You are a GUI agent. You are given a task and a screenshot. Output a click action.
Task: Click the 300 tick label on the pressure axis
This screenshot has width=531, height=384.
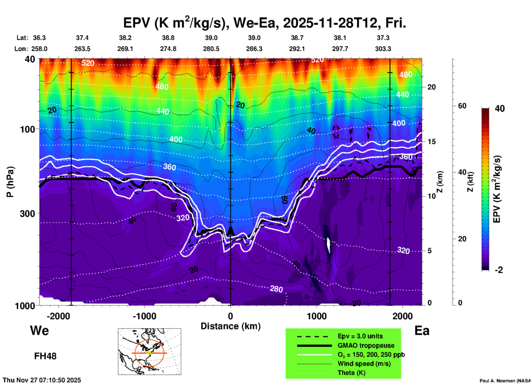(27, 213)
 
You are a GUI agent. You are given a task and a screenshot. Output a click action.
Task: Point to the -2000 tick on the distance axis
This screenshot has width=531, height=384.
(58, 316)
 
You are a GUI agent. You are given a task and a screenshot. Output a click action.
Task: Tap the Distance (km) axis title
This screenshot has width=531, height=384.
(230, 326)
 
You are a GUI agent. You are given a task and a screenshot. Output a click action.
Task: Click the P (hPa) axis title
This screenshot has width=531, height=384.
(10, 182)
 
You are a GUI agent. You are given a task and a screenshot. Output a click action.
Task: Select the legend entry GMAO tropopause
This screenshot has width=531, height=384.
(366, 345)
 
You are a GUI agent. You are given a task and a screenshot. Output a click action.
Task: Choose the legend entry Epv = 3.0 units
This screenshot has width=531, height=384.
(360, 336)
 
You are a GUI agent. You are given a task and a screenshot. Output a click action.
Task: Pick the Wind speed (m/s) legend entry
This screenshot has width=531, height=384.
(364, 364)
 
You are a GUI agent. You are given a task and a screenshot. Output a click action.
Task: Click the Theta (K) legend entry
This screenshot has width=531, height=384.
(352, 373)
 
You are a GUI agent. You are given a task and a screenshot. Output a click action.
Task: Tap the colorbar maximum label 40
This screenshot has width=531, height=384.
(500, 109)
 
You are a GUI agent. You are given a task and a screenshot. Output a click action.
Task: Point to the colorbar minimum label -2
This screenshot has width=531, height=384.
(499, 270)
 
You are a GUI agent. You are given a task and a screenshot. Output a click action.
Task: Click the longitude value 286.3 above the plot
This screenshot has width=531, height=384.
(254, 49)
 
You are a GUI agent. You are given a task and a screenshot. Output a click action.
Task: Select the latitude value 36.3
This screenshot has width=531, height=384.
(39, 38)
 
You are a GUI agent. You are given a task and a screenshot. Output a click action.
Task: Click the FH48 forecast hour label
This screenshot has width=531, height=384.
(45, 356)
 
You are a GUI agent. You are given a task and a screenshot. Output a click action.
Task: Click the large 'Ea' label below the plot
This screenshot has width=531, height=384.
(422, 331)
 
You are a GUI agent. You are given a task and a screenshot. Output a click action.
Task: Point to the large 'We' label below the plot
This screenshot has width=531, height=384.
(39, 330)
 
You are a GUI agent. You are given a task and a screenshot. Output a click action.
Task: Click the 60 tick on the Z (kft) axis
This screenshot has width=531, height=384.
(462, 106)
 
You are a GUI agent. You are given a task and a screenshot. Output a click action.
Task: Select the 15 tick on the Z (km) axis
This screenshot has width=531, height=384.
(431, 142)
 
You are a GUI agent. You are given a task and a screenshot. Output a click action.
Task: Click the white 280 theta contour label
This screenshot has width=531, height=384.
(276, 289)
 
